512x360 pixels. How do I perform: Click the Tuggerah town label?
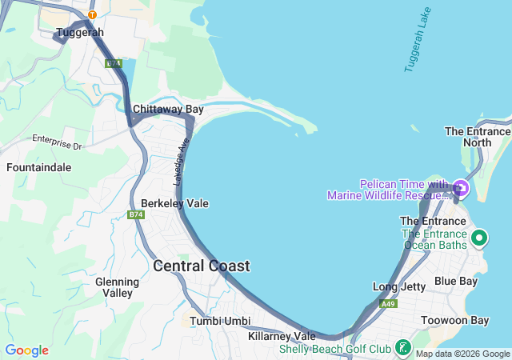(x=80, y=33)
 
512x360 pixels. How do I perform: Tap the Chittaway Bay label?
(x=168, y=109)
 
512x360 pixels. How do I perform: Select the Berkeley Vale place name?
(x=174, y=203)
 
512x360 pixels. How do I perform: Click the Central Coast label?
(x=201, y=266)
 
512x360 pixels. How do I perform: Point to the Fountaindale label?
(x=38, y=168)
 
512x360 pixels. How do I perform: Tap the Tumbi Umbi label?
(x=214, y=321)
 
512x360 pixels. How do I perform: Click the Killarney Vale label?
(x=282, y=336)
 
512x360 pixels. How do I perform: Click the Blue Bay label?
(x=455, y=281)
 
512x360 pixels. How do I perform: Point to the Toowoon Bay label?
(x=454, y=320)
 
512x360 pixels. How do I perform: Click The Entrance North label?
(x=478, y=137)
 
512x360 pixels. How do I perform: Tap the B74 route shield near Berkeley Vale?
(x=135, y=215)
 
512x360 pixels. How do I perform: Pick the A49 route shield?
(x=388, y=304)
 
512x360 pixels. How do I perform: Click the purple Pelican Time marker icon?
(x=461, y=189)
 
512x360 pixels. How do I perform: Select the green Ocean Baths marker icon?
(x=479, y=238)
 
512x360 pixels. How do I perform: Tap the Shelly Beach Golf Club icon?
(x=403, y=348)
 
